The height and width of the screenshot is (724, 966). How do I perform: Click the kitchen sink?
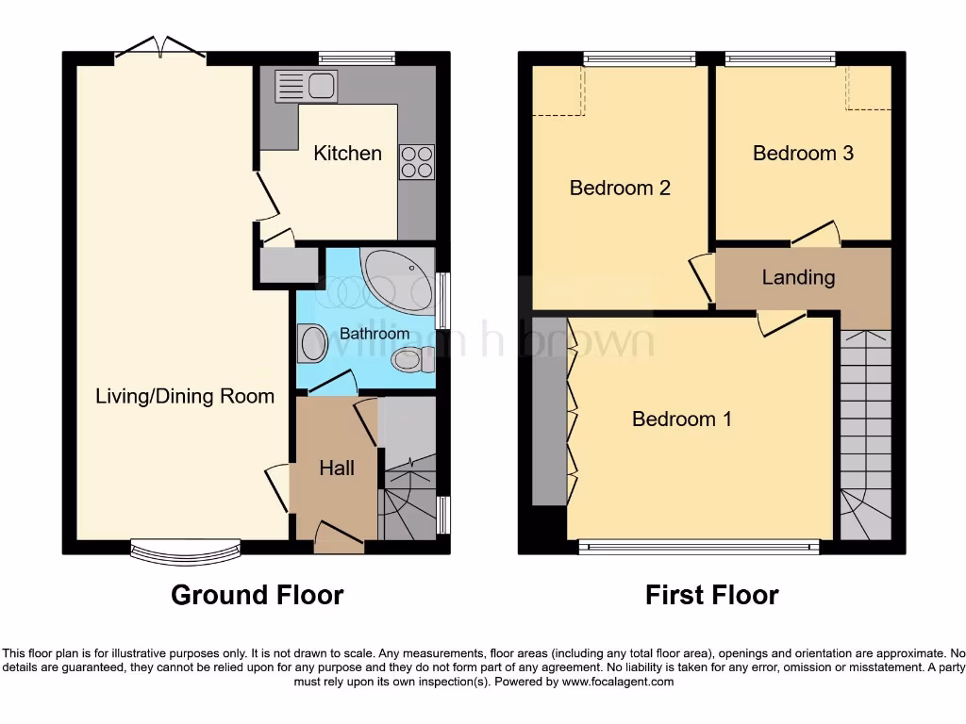(x=306, y=87)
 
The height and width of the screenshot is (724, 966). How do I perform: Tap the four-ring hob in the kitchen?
(x=417, y=162)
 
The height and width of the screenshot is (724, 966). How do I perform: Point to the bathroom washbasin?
(x=309, y=343)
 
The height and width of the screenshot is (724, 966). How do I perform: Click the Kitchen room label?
(x=347, y=154)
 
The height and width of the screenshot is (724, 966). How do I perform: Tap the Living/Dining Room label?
(x=185, y=396)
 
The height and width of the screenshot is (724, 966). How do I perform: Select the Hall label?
(x=337, y=468)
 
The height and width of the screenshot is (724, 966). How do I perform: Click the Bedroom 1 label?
(x=681, y=420)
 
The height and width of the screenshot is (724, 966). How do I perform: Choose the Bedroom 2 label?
(x=620, y=188)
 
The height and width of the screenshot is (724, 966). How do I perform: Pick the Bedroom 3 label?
(x=803, y=153)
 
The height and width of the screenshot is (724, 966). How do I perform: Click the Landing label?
(x=798, y=277)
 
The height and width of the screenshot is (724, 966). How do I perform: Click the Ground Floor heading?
(x=257, y=595)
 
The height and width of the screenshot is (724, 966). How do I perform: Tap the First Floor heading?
(x=711, y=595)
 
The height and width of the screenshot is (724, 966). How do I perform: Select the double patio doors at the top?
(x=160, y=49)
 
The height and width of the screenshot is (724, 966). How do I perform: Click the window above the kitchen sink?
(x=356, y=58)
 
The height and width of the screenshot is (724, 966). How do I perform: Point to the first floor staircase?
(x=865, y=434)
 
